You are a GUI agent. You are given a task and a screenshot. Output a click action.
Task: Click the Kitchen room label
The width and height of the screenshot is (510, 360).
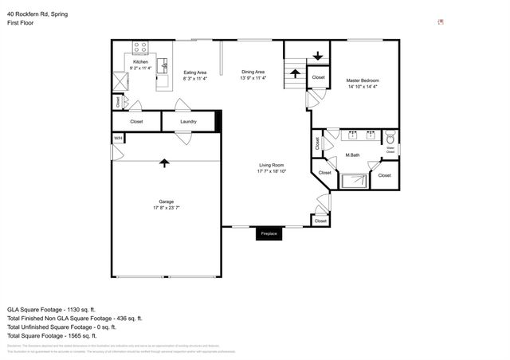coord(140,62)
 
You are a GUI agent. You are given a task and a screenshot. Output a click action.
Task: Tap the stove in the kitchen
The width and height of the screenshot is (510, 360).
coord(141,47)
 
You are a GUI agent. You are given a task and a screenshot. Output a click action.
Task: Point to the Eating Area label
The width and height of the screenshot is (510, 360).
coord(195,72)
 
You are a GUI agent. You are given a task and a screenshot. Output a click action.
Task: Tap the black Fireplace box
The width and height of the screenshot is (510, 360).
coord(268,234)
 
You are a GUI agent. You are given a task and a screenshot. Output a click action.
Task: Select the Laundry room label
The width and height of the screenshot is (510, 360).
coord(188,122)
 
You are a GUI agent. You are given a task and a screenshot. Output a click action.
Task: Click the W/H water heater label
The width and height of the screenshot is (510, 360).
coord(118,138)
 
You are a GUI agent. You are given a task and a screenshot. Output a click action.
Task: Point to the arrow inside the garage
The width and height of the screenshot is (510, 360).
coord(164,163)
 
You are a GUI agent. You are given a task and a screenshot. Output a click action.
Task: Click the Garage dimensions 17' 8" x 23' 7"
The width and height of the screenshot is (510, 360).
coord(166,208)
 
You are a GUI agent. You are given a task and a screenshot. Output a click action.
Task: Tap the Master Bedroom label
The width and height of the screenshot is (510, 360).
coord(363,81)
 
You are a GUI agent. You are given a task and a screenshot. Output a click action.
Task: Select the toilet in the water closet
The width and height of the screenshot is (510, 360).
coord(390,138)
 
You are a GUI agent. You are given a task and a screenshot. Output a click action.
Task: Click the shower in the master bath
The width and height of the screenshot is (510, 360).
coord(354,178)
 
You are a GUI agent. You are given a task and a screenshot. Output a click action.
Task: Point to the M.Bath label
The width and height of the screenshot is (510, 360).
coord(353,155)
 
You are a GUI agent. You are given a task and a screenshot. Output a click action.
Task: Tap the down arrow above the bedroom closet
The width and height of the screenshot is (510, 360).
coord(318,55)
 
